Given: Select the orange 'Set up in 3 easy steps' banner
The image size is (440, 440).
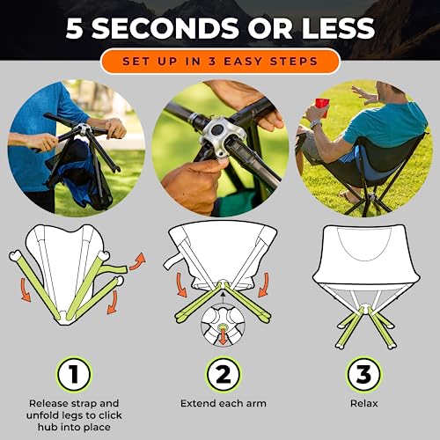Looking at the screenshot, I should [219, 61].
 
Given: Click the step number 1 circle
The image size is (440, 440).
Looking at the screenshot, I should [75, 375].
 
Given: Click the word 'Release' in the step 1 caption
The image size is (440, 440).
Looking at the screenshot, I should [50, 401].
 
